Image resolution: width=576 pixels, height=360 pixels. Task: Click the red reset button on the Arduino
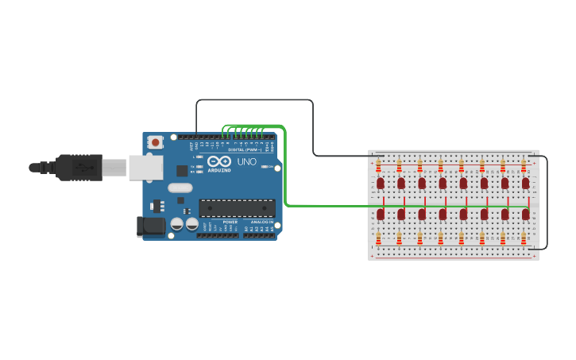point(156,142)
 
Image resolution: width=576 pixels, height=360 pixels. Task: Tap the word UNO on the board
point(246,162)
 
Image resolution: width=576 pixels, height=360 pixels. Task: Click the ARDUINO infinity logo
point(219,162)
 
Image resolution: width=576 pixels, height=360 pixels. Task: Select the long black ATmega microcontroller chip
point(237,208)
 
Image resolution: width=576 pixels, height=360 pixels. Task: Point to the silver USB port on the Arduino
point(145,168)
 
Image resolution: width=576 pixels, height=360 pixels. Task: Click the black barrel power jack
point(150,226)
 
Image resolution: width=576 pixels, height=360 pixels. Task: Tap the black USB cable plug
point(79,168)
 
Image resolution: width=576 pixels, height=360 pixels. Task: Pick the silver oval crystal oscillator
point(180,188)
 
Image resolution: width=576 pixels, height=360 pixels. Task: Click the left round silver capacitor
point(177,225)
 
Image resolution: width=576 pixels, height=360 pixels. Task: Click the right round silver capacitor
point(191,225)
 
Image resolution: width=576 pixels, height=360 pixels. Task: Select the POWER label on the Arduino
point(230,222)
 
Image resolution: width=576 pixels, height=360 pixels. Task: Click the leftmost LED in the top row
point(380,183)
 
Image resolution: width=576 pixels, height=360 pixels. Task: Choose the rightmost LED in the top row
point(525,183)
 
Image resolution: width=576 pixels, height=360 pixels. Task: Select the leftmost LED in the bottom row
point(380,214)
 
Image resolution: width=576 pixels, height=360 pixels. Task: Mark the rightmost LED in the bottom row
point(525,214)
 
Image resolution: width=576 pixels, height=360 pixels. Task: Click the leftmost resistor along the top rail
point(378,165)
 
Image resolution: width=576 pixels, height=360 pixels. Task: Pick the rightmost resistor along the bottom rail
point(524,237)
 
